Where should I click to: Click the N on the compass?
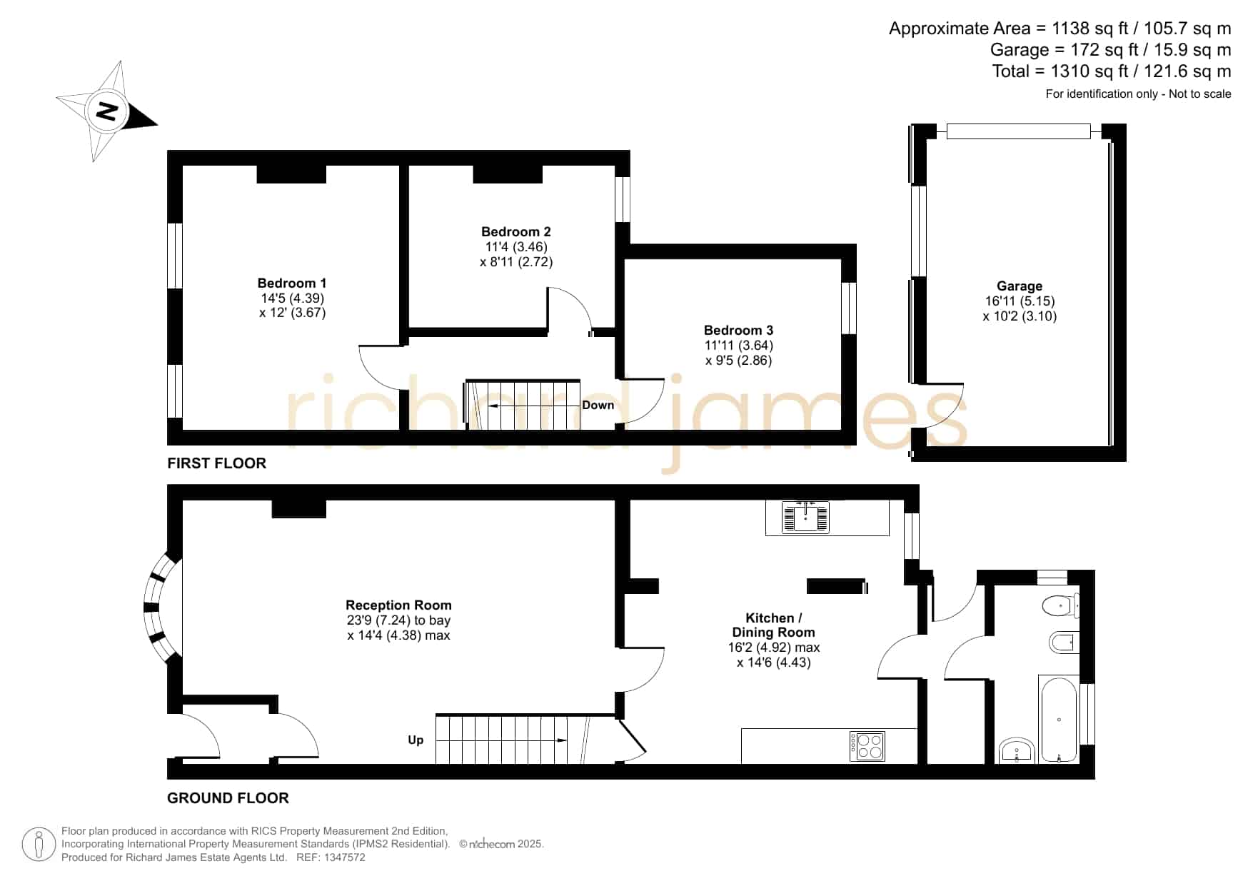(107, 111)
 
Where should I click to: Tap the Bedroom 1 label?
(292, 283)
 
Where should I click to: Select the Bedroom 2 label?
(516, 232)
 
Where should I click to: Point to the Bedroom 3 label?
(738, 331)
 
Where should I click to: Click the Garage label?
(1020, 286)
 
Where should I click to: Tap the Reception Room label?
(398, 605)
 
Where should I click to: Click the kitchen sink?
(805, 517)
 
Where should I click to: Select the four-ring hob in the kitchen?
(867, 746)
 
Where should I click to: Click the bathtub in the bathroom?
(1058, 720)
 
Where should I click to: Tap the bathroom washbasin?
(1017, 750)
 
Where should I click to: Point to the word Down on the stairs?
(598, 406)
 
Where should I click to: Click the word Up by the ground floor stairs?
(416, 740)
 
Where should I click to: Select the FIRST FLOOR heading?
(217, 463)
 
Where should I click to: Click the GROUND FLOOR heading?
(228, 798)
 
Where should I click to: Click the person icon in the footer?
(39, 845)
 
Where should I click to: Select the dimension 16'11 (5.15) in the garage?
(1020, 301)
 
